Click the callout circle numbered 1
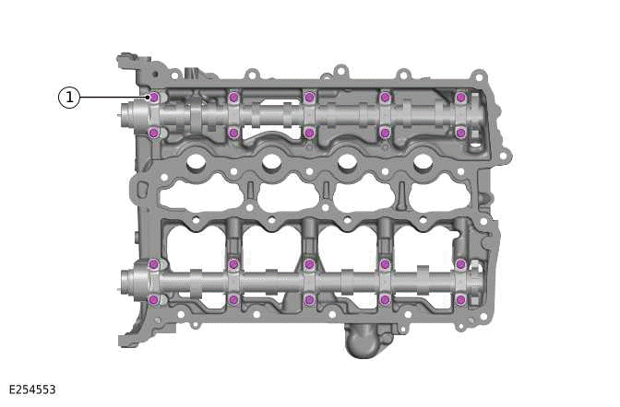[69, 97]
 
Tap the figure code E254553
[32, 390]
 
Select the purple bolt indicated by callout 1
[154, 98]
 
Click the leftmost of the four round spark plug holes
[196, 163]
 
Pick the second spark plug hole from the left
[271, 163]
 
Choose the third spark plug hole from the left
[348, 163]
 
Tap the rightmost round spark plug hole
[423, 163]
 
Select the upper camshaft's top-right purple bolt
[460, 98]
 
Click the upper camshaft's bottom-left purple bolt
[154, 133]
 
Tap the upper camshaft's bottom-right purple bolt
[460, 133]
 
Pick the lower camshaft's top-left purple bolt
[154, 264]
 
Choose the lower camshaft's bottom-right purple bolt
[460, 299]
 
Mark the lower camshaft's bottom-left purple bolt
[154, 299]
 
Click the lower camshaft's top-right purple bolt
[460, 264]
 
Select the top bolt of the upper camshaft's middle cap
[309, 98]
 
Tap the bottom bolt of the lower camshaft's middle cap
[309, 299]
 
